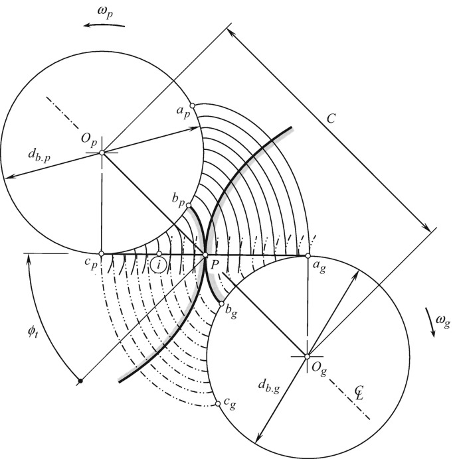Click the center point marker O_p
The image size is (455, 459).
click(x=102, y=153)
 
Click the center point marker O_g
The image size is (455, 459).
click(x=307, y=357)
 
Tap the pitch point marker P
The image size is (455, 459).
click(x=205, y=255)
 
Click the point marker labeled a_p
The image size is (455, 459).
click(x=192, y=106)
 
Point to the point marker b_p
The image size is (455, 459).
click(x=189, y=205)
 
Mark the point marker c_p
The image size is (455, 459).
click(x=102, y=254)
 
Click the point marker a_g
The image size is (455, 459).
click(x=308, y=255)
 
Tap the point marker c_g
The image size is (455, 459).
click(x=218, y=404)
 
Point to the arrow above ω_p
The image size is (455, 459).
click(x=104, y=25)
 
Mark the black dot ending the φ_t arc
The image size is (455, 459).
click(x=80, y=381)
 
